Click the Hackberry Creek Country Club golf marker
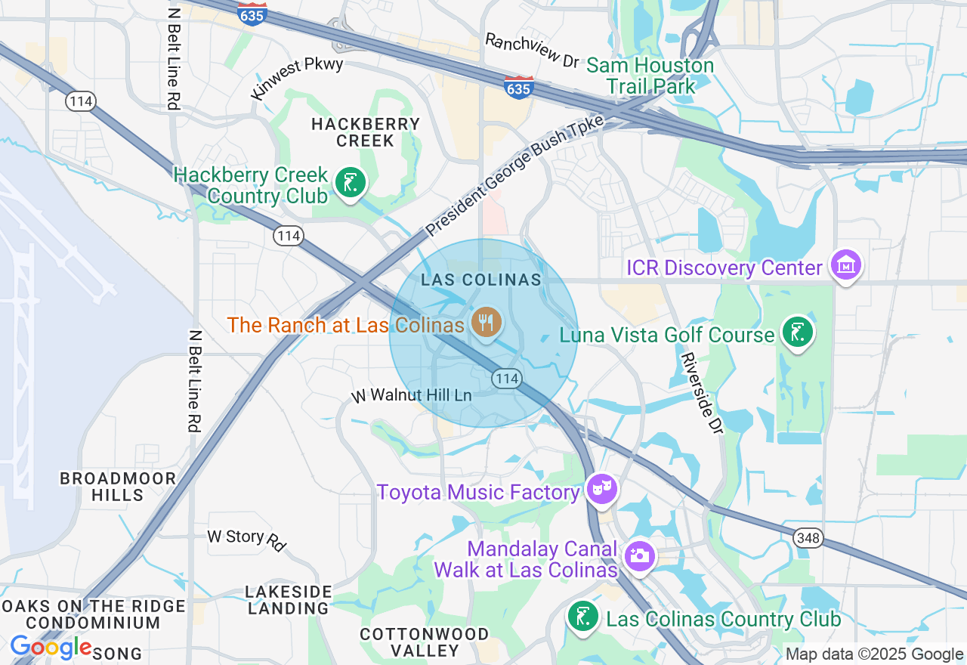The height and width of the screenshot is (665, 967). tap(350, 183)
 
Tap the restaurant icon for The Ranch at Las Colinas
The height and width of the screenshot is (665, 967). tap(484, 323)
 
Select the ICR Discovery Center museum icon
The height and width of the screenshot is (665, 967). tap(846, 265)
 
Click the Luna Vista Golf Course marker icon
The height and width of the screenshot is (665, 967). tap(797, 332)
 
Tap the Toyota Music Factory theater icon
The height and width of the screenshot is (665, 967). tap(602, 490)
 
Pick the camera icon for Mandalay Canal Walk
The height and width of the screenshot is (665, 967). tap(639, 556)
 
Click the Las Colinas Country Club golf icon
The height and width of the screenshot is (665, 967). tap(584, 617)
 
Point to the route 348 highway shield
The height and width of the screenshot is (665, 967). tap(808, 537)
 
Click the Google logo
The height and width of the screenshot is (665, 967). tap(51, 648)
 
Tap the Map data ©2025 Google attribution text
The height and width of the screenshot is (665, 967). tap(874, 654)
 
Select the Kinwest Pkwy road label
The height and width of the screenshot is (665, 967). tap(298, 77)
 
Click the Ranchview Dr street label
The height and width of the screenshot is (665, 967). tap(531, 49)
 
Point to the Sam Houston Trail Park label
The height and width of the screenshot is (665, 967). tap(650, 76)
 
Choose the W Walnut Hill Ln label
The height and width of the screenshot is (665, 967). tap(412, 395)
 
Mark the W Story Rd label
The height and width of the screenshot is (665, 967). tap(247, 539)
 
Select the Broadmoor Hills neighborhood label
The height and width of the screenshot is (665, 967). tap(118, 487)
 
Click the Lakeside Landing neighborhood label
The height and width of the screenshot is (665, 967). tap(289, 599)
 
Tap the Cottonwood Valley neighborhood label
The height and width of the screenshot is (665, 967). tap(424, 642)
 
